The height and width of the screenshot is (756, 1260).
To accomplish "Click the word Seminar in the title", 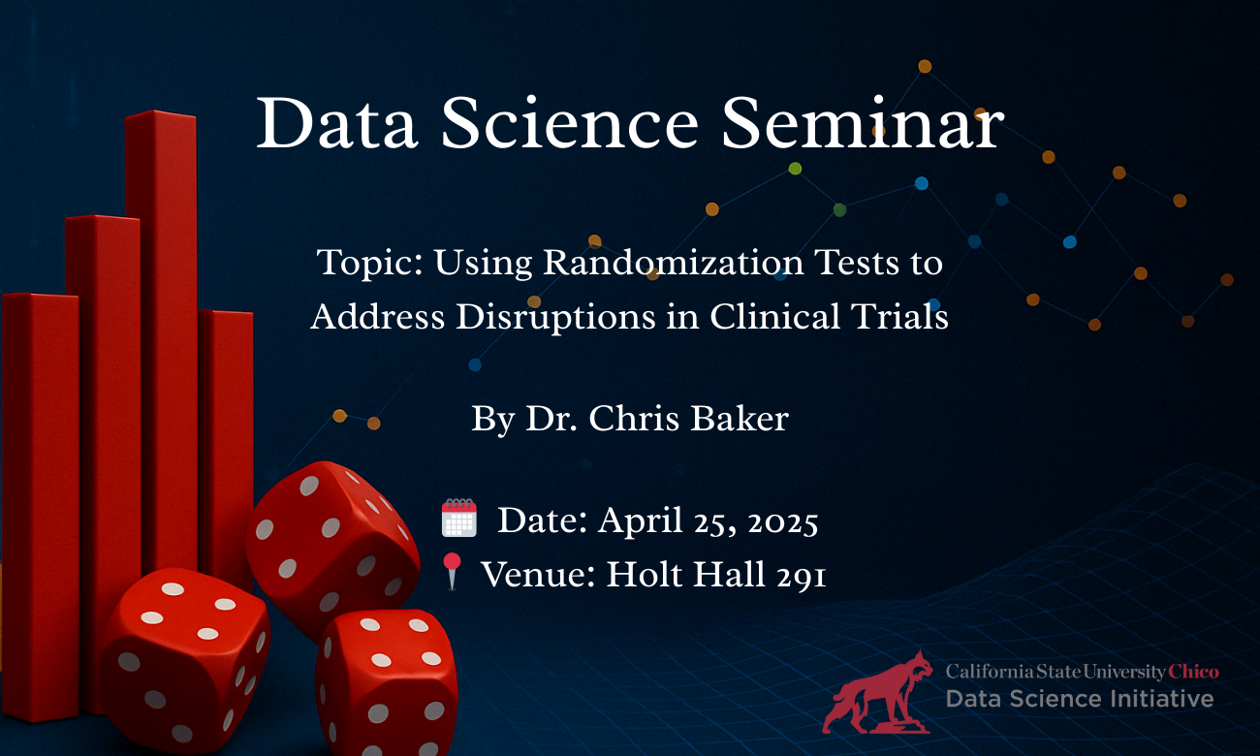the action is (863, 123).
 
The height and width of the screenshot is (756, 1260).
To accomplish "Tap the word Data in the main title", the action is (336, 123).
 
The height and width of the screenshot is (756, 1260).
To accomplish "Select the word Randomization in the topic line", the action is (674, 262).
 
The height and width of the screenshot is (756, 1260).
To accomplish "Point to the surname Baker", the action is (740, 419).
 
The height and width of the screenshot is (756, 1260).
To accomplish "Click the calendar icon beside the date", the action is (459, 518).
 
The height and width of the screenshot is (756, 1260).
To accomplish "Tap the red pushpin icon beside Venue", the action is (453, 571).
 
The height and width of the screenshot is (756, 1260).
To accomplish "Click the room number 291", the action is (801, 576).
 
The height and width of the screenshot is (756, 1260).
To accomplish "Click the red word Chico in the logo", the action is (1194, 672).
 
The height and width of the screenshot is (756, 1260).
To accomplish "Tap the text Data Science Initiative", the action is (1080, 699).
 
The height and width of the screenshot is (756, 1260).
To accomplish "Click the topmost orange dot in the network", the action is (925, 66).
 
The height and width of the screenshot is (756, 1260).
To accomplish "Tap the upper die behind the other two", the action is (332, 549).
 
